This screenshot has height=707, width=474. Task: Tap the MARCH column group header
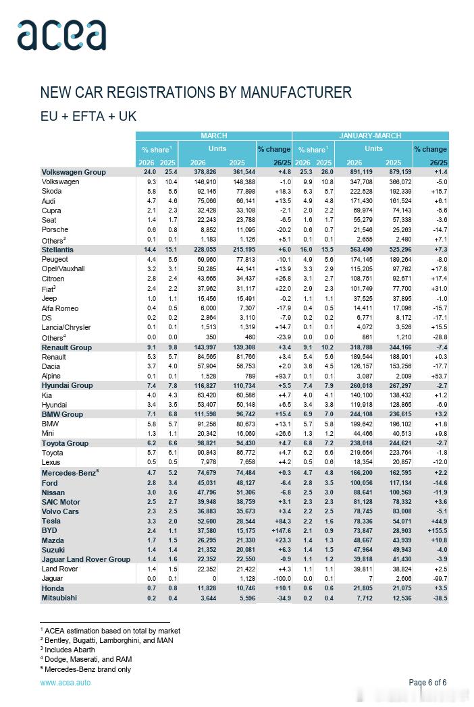[x=213, y=136]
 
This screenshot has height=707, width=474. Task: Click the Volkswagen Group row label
[x=74, y=172]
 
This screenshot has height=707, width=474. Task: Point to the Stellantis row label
[x=61, y=250]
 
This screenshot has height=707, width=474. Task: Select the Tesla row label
[x=51, y=521]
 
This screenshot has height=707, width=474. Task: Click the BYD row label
[x=50, y=531]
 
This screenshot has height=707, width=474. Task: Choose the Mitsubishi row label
[x=59, y=598]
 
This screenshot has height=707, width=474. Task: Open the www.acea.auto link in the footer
[x=65, y=683]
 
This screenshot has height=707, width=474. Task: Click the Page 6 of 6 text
[x=427, y=683]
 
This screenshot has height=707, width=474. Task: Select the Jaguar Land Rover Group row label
[x=86, y=559]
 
